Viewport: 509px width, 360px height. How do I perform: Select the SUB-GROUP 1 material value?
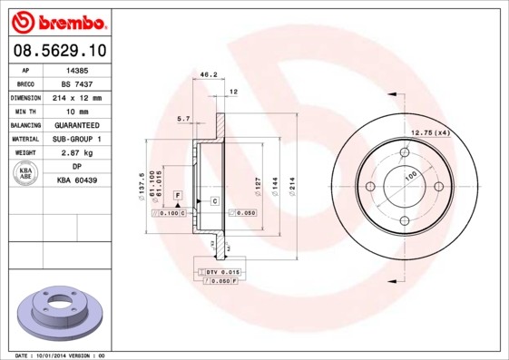pyautogui.click(x=77, y=139)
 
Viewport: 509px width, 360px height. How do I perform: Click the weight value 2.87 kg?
pyautogui.click(x=77, y=152)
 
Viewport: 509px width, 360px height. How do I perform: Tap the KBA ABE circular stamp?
pyautogui.click(x=26, y=174)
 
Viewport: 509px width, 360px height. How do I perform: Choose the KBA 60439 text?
pyautogui.click(x=77, y=180)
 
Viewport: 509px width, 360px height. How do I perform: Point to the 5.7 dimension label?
pyautogui.click(x=182, y=119)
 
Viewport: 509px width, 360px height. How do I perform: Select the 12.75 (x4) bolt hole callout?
pyautogui.click(x=431, y=132)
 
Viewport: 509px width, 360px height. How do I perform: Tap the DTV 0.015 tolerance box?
pyautogui.click(x=222, y=272)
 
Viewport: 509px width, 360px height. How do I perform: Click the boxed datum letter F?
pyautogui.click(x=178, y=196)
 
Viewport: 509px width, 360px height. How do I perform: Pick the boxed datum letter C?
pyautogui.click(x=214, y=199)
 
